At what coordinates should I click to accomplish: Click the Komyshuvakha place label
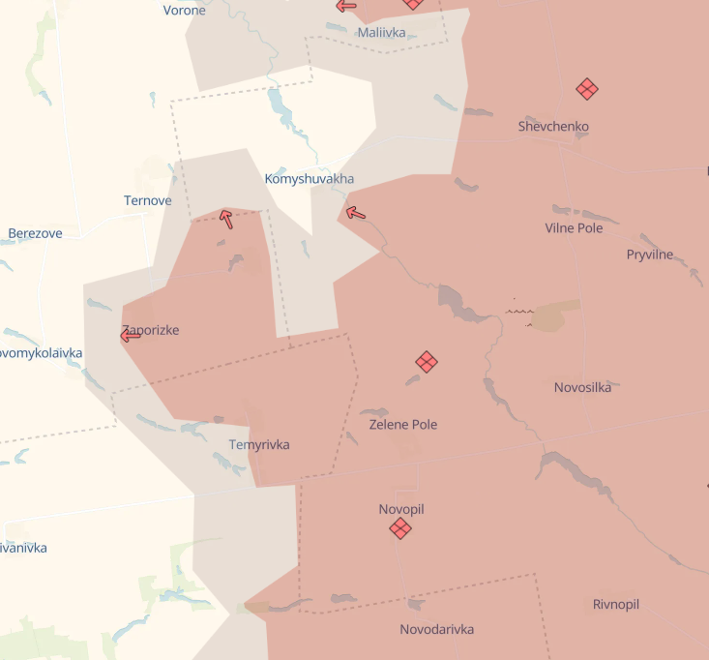(x=310, y=179)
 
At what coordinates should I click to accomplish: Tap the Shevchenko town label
(x=553, y=127)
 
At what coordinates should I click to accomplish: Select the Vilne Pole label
(x=574, y=228)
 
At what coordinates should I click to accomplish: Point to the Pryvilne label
(x=650, y=255)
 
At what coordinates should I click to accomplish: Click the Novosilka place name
(x=582, y=387)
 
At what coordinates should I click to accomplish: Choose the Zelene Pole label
(x=403, y=424)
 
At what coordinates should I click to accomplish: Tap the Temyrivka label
(x=259, y=445)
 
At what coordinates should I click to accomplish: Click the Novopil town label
(x=401, y=509)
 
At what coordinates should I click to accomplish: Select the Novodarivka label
(x=437, y=629)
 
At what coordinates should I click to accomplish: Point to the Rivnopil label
(x=616, y=605)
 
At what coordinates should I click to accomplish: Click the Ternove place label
(x=148, y=201)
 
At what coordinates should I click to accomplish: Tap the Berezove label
(x=36, y=233)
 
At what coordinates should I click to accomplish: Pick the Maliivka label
(x=381, y=33)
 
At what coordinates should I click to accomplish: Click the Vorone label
(x=185, y=11)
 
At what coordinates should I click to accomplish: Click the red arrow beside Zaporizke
(x=131, y=336)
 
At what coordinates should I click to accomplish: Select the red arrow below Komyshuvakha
(x=356, y=213)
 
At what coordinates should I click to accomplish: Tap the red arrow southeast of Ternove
(x=226, y=219)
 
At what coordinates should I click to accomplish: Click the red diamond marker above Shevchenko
(x=586, y=89)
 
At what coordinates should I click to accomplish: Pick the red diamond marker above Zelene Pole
(x=427, y=362)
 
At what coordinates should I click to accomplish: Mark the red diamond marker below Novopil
(x=400, y=528)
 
